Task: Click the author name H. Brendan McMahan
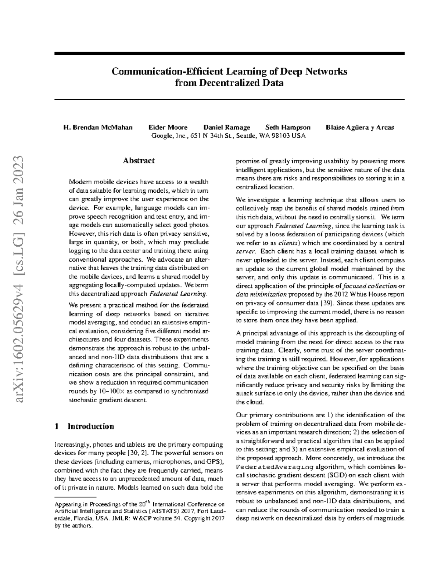pyautogui.click(x=98, y=128)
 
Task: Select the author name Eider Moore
pyautogui.click(x=168, y=128)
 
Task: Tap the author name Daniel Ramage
pyautogui.click(x=227, y=128)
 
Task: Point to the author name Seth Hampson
pyautogui.click(x=288, y=128)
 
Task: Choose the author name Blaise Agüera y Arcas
pyautogui.click(x=360, y=128)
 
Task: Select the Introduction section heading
pyautogui.click(x=90, y=426)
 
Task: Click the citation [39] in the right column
pyautogui.click(x=327, y=303)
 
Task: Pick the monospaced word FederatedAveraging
pyautogui.click(x=275, y=467)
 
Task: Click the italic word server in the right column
pyautogui.click(x=244, y=252)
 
